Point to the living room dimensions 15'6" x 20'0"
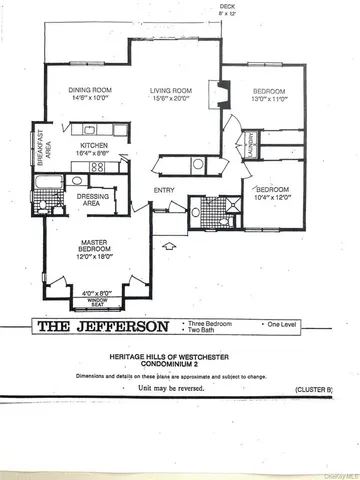click(169, 98)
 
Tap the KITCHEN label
click(94, 145)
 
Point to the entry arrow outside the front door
click(168, 242)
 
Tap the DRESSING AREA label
click(93, 200)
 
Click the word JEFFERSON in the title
click(114, 326)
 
